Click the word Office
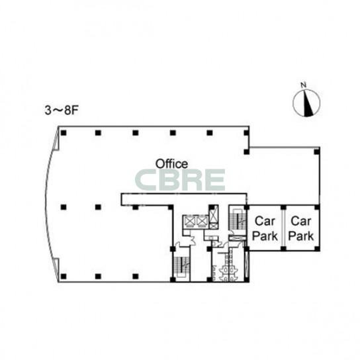tap(171, 163)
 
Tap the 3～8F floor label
tap(62, 111)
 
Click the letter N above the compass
tap(304, 85)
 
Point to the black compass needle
tap(308, 103)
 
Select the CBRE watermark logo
tap(180, 180)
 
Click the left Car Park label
tap(265, 229)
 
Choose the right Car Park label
tap(300, 229)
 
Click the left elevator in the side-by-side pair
tap(190, 222)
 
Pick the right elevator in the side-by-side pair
tap(202, 222)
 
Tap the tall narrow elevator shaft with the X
tap(214, 214)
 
